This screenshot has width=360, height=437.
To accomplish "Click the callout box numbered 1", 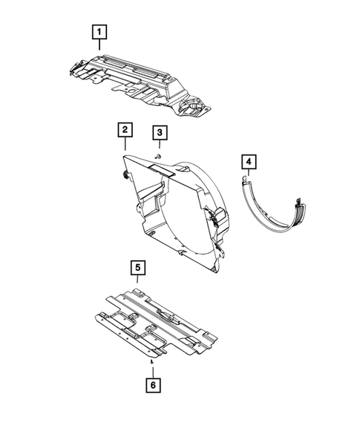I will click(x=98, y=32).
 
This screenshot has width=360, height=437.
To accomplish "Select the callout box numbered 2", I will click(x=125, y=131).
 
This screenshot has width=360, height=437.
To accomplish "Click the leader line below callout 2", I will click(x=125, y=145).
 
